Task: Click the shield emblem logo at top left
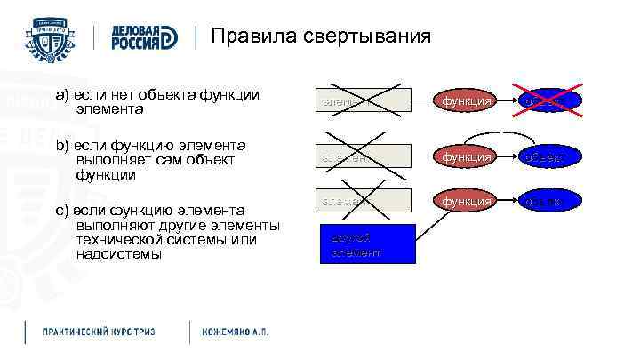(x=52, y=38)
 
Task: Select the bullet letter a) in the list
(x=61, y=94)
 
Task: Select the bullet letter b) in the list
(x=61, y=145)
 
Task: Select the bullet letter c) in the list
(x=61, y=211)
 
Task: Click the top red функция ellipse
(x=468, y=100)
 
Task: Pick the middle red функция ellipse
(x=468, y=156)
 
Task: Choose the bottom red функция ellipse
(x=468, y=201)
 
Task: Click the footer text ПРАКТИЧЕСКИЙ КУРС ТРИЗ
(x=99, y=332)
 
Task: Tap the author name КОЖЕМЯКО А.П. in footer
(x=235, y=332)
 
